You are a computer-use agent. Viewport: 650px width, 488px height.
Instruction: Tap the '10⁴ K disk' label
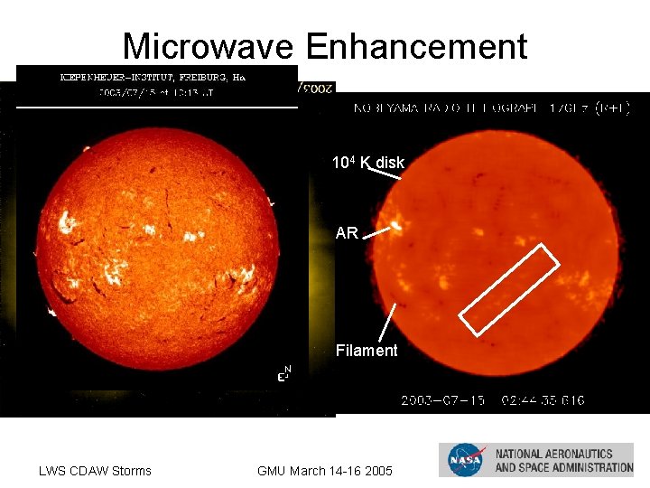368,163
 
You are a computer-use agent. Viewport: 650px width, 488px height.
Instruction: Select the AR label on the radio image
347,233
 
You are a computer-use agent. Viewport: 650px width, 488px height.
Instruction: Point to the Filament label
367,351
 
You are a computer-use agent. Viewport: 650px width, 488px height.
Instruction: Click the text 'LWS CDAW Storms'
95,470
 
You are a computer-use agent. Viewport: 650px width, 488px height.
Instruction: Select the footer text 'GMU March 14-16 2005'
325,470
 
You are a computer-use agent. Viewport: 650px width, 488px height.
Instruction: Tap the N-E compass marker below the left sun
283,373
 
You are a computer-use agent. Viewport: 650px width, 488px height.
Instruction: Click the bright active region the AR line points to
396,222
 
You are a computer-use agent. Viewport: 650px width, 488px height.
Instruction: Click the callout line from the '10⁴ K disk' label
390,176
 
